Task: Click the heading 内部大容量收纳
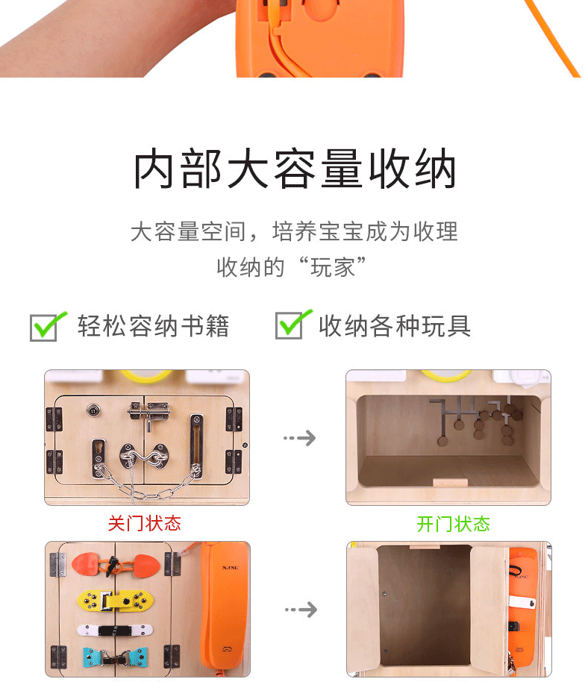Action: pyautogui.click(x=295, y=169)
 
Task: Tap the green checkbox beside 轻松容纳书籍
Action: pyautogui.click(x=46, y=326)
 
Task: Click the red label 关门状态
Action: pyautogui.click(x=145, y=523)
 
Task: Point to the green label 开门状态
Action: pyautogui.click(x=453, y=524)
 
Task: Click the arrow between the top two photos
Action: pyautogui.click(x=300, y=437)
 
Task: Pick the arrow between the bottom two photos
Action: pyautogui.click(x=301, y=610)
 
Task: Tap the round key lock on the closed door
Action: pyautogui.click(x=93, y=410)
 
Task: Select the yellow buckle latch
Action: pyautogui.click(x=115, y=601)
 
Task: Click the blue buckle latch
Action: pyautogui.click(x=115, y=657)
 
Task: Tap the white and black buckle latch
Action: pyautogui.click(x=115, y=630)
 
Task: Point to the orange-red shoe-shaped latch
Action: pyautogui.click(x=116, y=565)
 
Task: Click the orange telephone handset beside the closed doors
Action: pyautogui.click(x=225, y=607)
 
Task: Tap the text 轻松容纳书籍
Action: pyautogui.click(x=153, y=326)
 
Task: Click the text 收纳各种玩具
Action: pyautogui.click(x=395, y=326)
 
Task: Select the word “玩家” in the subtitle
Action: pyautogui.click(x=332, y=267)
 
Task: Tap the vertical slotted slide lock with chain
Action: pyautogui.click(x=196, y=445)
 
